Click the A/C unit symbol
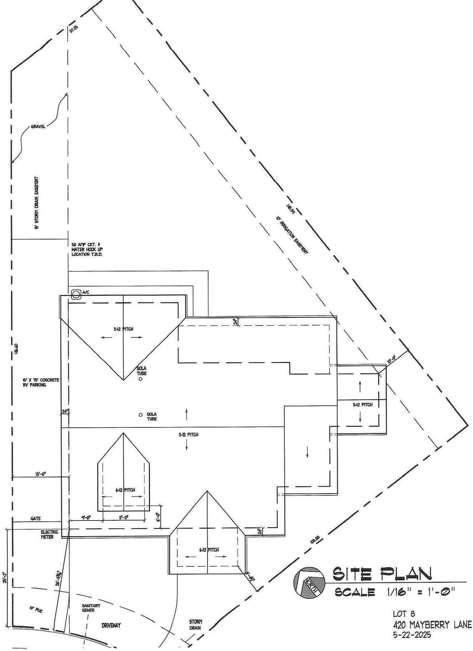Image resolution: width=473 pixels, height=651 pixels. (x=77, y=294)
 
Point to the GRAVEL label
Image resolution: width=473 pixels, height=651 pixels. (x=38, y=127)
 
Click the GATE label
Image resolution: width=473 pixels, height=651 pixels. (x=36, y=519)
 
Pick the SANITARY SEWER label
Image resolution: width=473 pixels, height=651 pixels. (x=91, y=608)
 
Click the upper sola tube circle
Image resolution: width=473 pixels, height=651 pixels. (x=140, y=379)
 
